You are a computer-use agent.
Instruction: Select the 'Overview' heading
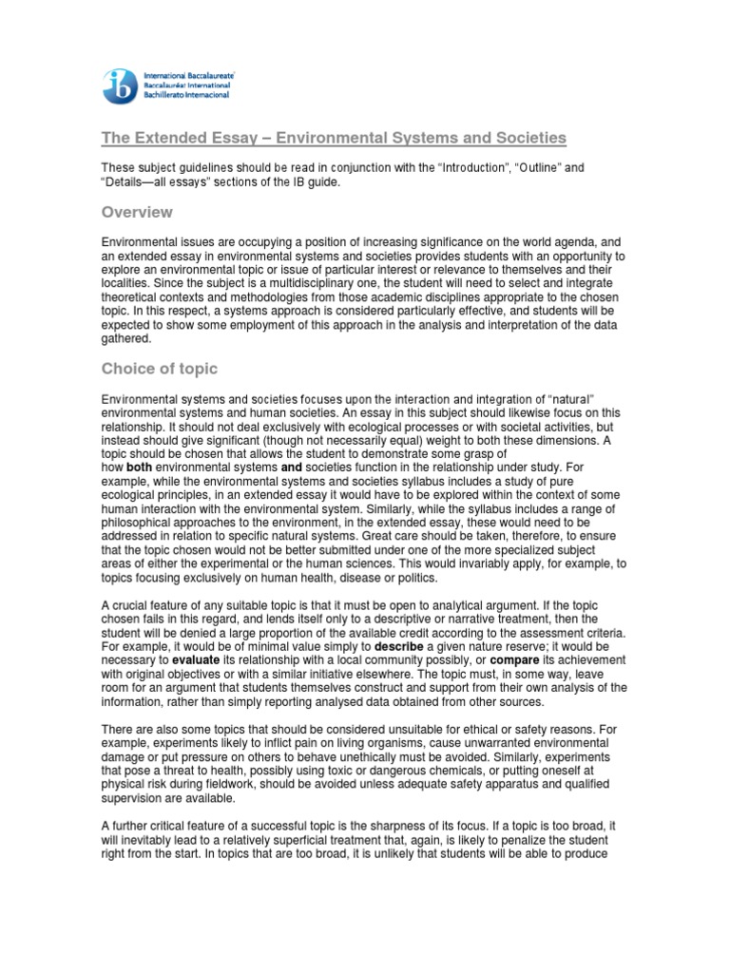click(138, 212)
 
